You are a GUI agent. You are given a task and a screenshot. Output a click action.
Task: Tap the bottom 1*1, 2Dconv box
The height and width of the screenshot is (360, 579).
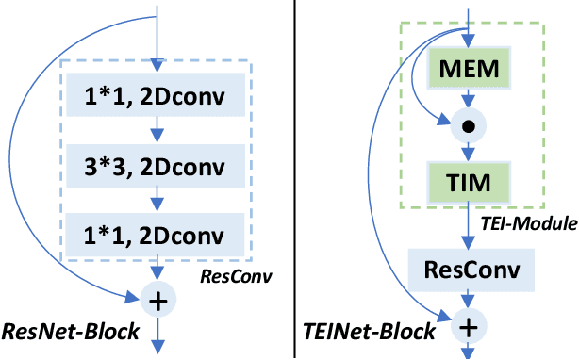pos(157,232)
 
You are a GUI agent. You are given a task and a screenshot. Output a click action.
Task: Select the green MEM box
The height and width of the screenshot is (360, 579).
pos(470,70)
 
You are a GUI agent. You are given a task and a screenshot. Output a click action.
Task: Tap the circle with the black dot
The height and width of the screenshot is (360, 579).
pos(470,123)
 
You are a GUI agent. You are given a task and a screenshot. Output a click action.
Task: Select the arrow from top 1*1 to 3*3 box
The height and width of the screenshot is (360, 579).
pos(157,132)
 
